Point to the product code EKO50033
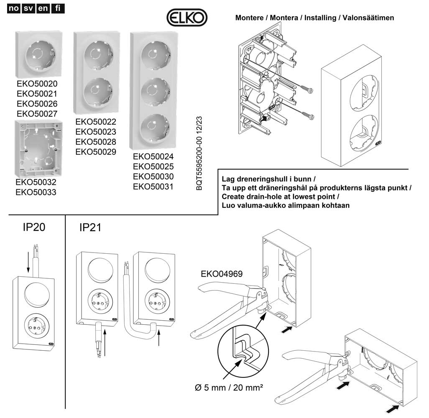pyautogui.click(x=36, y=192)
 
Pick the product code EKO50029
pyautogui.click(x=96, y=151)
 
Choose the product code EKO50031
pyautogui.click(x=153, y=186)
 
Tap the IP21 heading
pyautogui.click(x=90, y=227)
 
